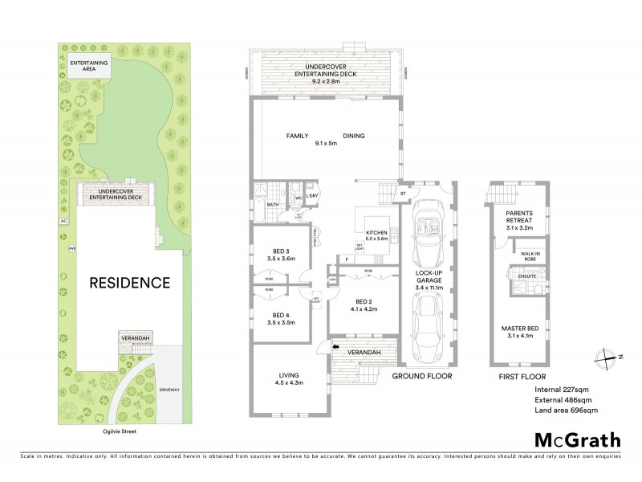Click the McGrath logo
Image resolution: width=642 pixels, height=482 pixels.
tap(577, 439)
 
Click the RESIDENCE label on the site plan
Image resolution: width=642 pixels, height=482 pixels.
tap(129, 283)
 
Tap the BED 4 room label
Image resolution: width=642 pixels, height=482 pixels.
tap(280, 317)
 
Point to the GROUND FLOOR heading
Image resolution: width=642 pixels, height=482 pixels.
tap(422, 376)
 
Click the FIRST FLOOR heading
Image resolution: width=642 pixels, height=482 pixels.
tap(522, 376)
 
